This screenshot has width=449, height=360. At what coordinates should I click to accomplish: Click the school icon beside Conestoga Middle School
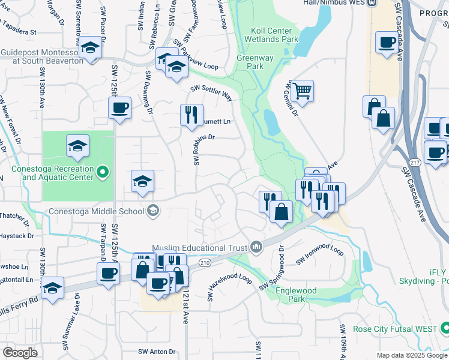coord(153,210)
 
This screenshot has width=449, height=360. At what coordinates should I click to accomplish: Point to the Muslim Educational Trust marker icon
coord(256,246)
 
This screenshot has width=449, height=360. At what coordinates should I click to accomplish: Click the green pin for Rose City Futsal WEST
coord(445,328)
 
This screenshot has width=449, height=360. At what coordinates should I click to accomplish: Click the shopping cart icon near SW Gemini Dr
coord(303,92)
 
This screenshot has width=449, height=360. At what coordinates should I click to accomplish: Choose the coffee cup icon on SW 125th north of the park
coord(119,109)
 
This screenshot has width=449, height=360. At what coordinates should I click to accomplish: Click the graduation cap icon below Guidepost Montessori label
coord(90,48)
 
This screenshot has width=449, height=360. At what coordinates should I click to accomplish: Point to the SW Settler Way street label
coord(211,92)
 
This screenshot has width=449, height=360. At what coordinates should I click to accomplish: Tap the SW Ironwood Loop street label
coord(319,255)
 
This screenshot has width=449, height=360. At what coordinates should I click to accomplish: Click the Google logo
coord(21,353)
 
